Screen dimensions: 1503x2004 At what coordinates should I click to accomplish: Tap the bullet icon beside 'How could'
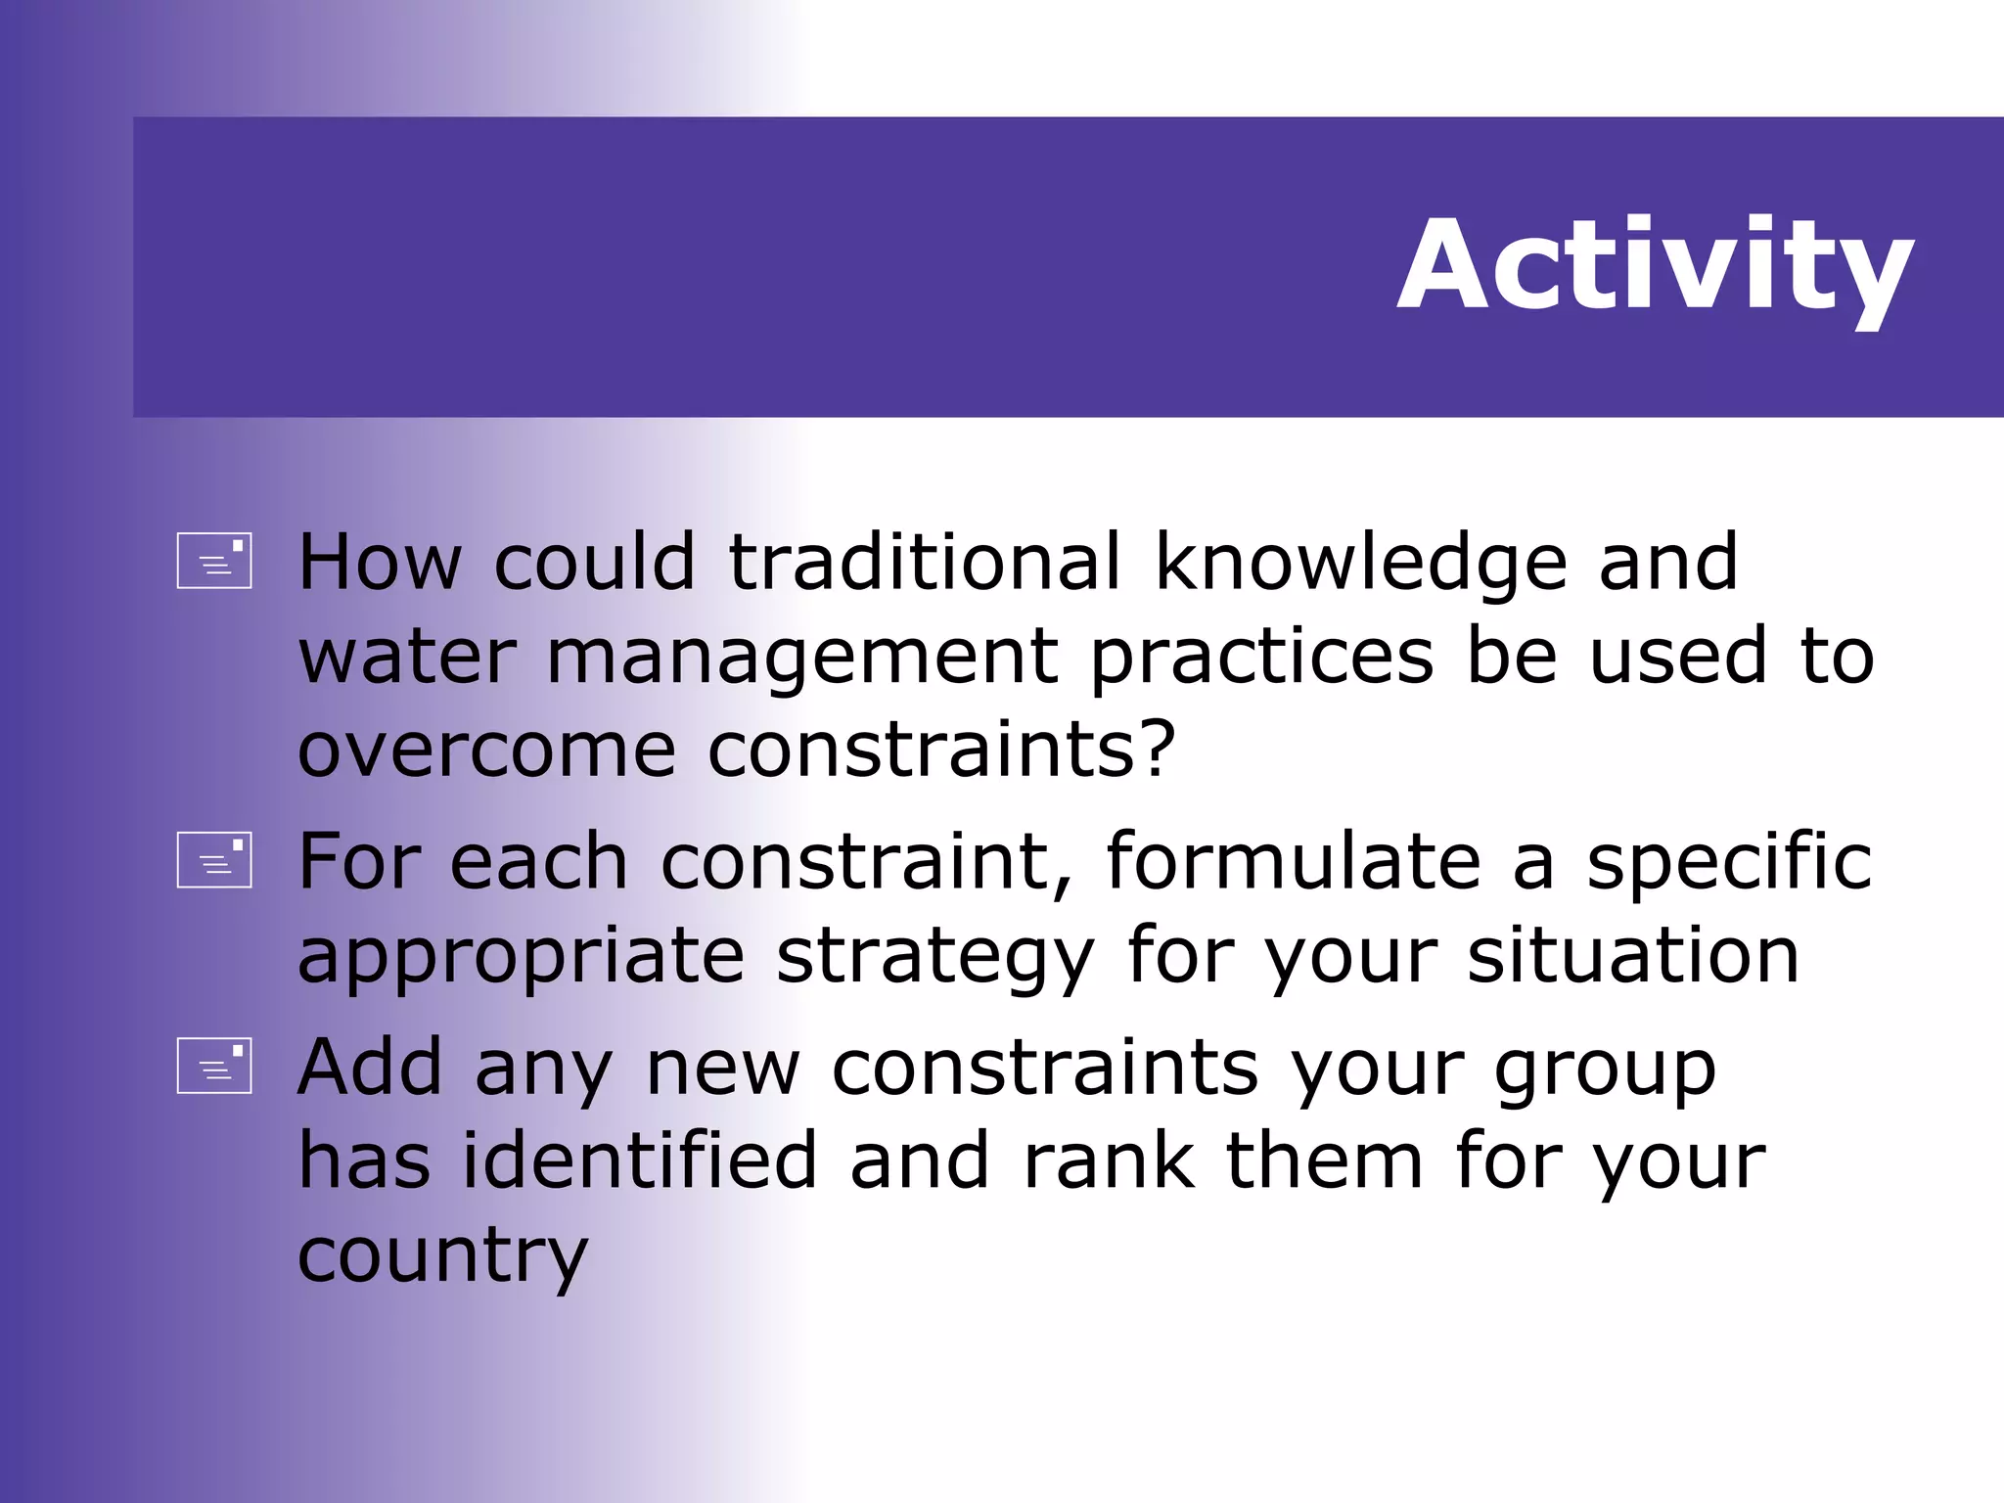[x=214, y=561]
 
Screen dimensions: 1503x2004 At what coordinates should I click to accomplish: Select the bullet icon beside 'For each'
[x=214, y=860]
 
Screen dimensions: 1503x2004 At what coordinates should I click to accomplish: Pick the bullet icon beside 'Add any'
[x=214, y=1066]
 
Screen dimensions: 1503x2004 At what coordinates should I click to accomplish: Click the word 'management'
[x=801, y=658]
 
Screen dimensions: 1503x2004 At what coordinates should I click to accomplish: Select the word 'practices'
[x=1262, y=658]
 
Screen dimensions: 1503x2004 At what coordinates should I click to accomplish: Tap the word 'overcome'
[x=486, y=751]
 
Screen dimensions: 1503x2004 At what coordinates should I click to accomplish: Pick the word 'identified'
[x=639, y=1161]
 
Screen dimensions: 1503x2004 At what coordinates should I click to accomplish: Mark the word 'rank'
[x=1108, y=1161]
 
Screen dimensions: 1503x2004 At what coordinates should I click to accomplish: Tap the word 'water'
[x=407, y=658]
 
